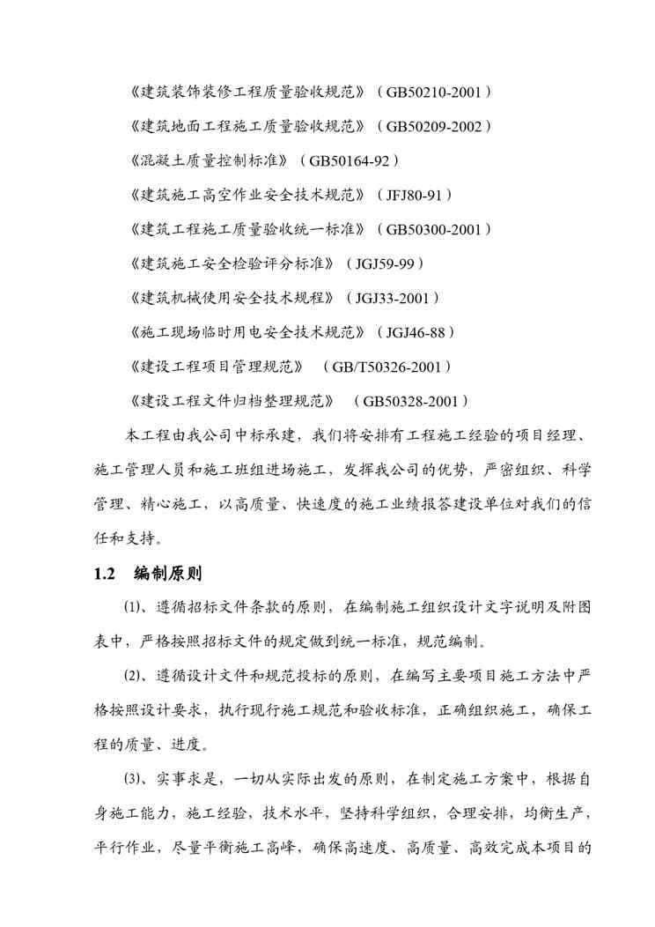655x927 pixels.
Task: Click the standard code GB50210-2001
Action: [433, 92]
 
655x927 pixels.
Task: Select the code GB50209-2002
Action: [433, 126]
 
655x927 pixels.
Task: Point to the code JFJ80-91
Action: [416, 195]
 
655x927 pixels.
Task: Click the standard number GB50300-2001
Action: [433, 229]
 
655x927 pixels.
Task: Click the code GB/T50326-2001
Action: [387, 367]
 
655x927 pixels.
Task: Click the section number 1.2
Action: [105, 574]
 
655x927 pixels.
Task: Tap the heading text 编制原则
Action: [168, 574]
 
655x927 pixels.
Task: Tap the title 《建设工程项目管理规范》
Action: [216, 367]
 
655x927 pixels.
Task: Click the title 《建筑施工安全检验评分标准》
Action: [232, 263]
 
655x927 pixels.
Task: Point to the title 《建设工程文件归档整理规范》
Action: [232, 401]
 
